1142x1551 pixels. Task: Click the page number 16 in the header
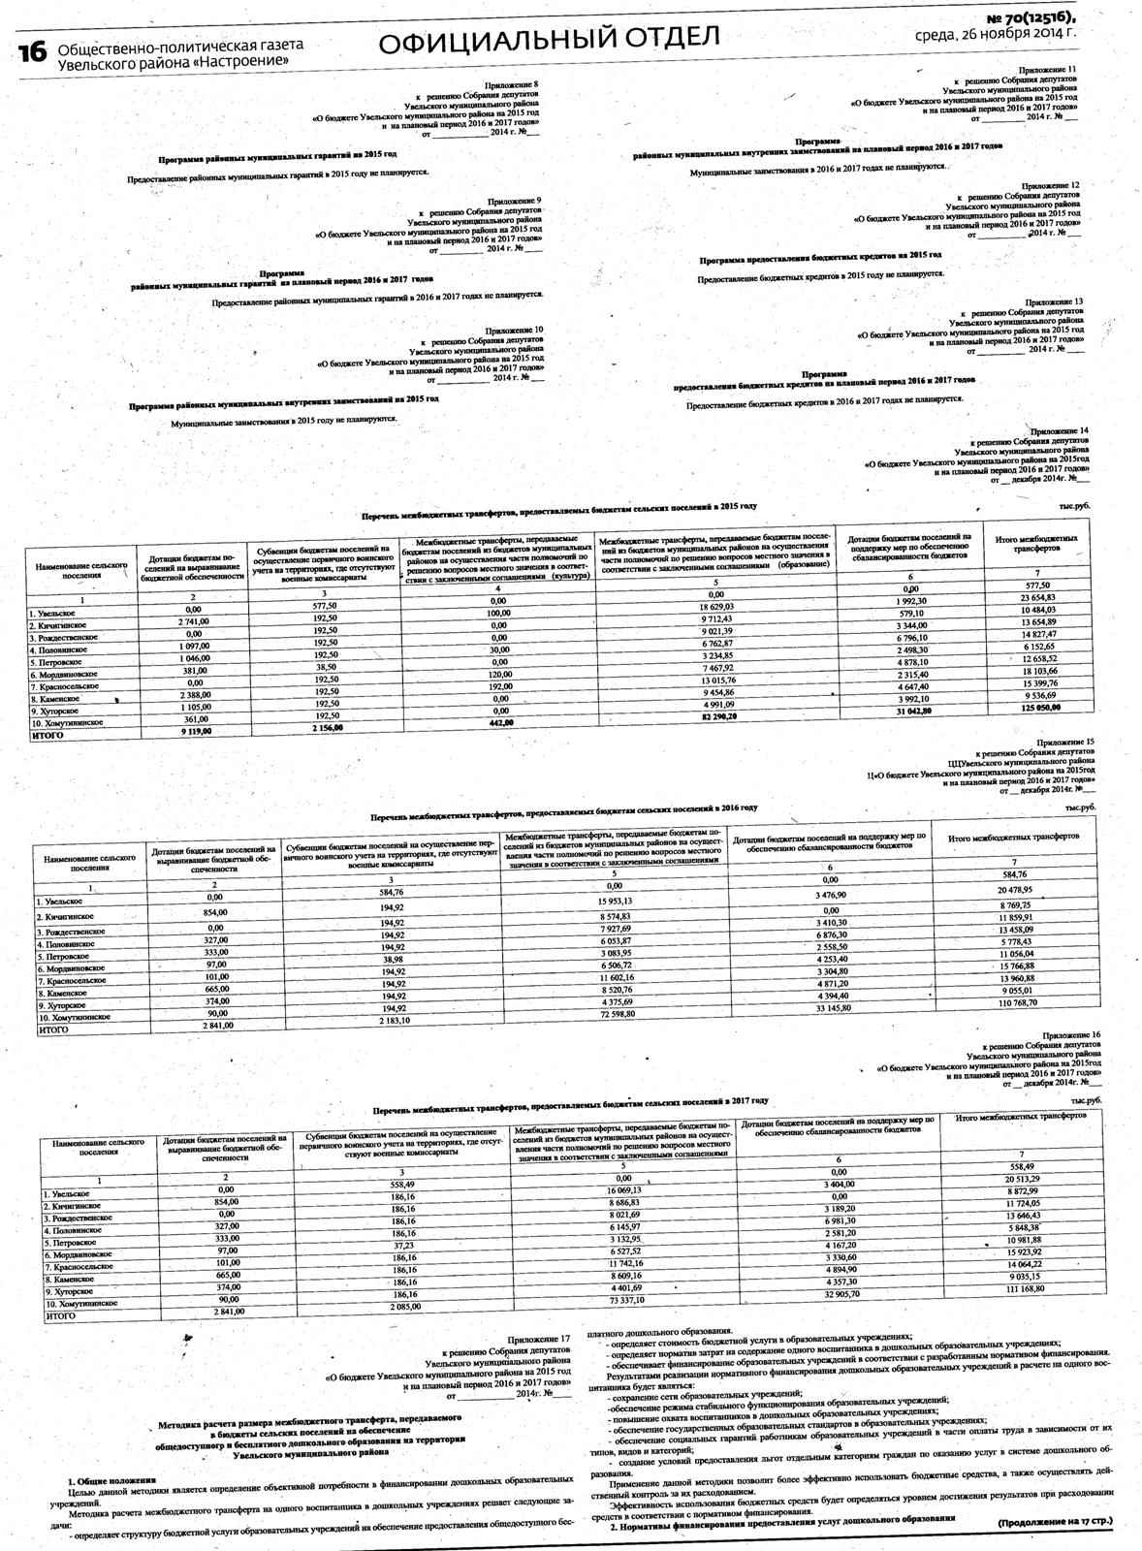tap(31, 53)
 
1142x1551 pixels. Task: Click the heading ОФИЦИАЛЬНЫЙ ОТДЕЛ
tap(550, 40)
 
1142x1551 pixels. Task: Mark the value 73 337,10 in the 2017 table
tap(620, 1299)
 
